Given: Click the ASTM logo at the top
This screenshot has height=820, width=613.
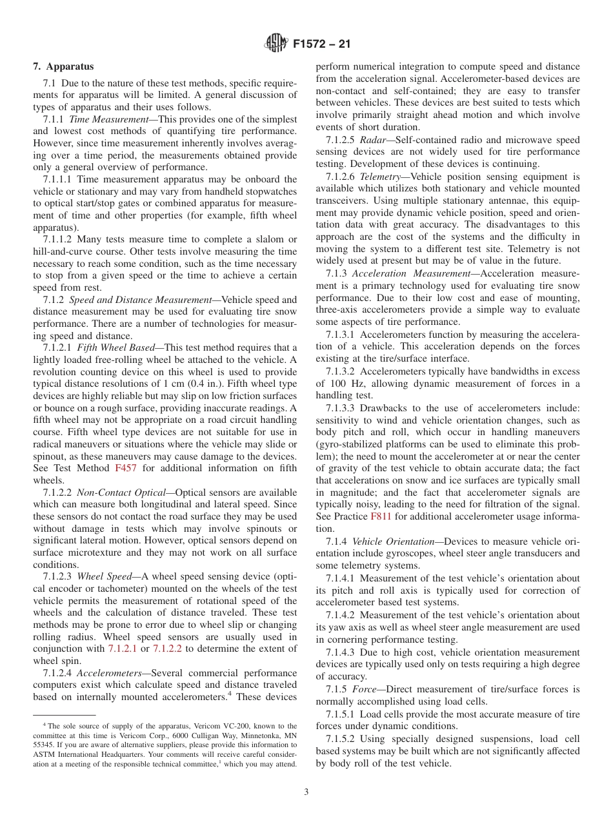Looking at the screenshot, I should (277, 44).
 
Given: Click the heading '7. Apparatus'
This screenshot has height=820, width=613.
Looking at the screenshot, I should (63, 66).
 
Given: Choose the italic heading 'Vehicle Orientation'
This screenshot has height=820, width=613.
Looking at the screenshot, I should (395, 541).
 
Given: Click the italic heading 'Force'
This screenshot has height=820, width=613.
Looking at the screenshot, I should (364, 690).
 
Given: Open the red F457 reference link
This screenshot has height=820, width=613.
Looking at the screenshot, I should (126, 468).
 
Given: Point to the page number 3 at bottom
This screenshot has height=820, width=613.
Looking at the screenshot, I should (306, 792).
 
